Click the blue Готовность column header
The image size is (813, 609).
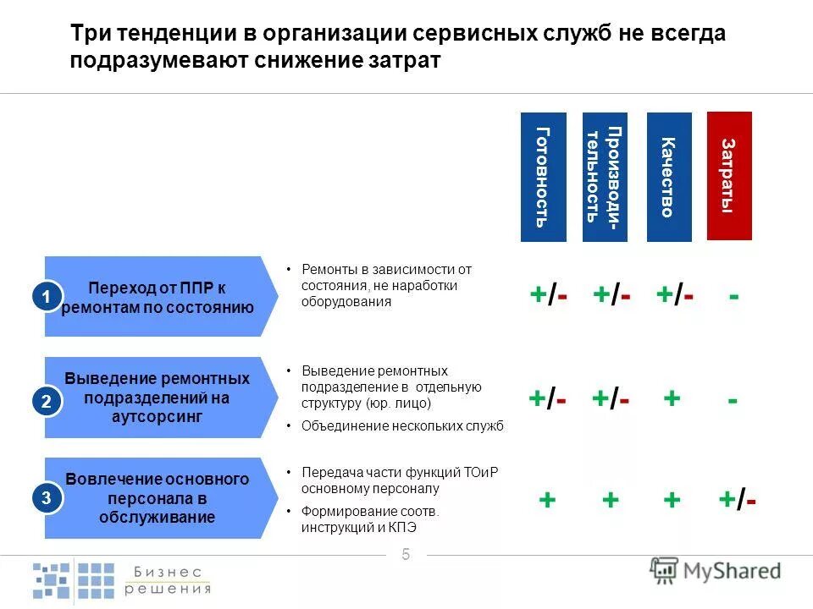pyautogui.click(x=543, y=177)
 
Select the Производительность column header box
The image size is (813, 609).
pyautogui.click(x=605, y=177)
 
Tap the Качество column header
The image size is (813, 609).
pyautogui.click(x=669, y=177)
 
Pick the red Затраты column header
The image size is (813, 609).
pyautogui.click(x=729, y=176)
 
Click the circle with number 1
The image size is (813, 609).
pyautogui.click(x=47, y=296)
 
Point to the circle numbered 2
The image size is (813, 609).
pyautogui.click(x=47, y=403)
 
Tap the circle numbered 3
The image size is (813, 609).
pyautogui.click(x=47, y=499)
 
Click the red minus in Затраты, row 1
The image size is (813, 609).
pyautogui.click(x=733, y=297)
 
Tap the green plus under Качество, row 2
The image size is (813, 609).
pyautogui.click(x=672, y=398)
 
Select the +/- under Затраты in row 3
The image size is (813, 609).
pyautogui.click(x=737, y=500)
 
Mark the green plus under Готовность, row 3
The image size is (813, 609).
pyautogui.click(x=547, y=500)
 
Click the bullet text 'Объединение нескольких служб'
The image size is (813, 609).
pyautogui.click(x=401, y=425)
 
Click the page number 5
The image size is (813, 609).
pyautogui.click(x=406, y=554)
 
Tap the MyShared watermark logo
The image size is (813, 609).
pyautogui.click(x=716, y=571)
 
